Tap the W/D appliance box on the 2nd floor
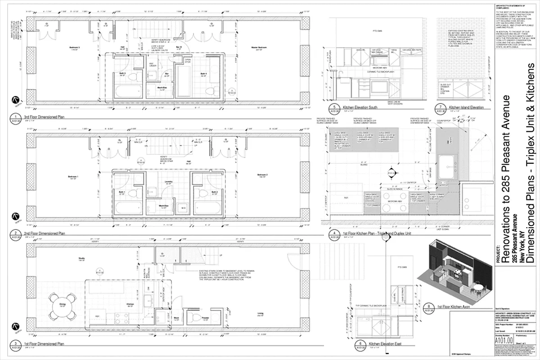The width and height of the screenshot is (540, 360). (x=184, y=208)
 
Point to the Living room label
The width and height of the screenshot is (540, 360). (x=260, y=314)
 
